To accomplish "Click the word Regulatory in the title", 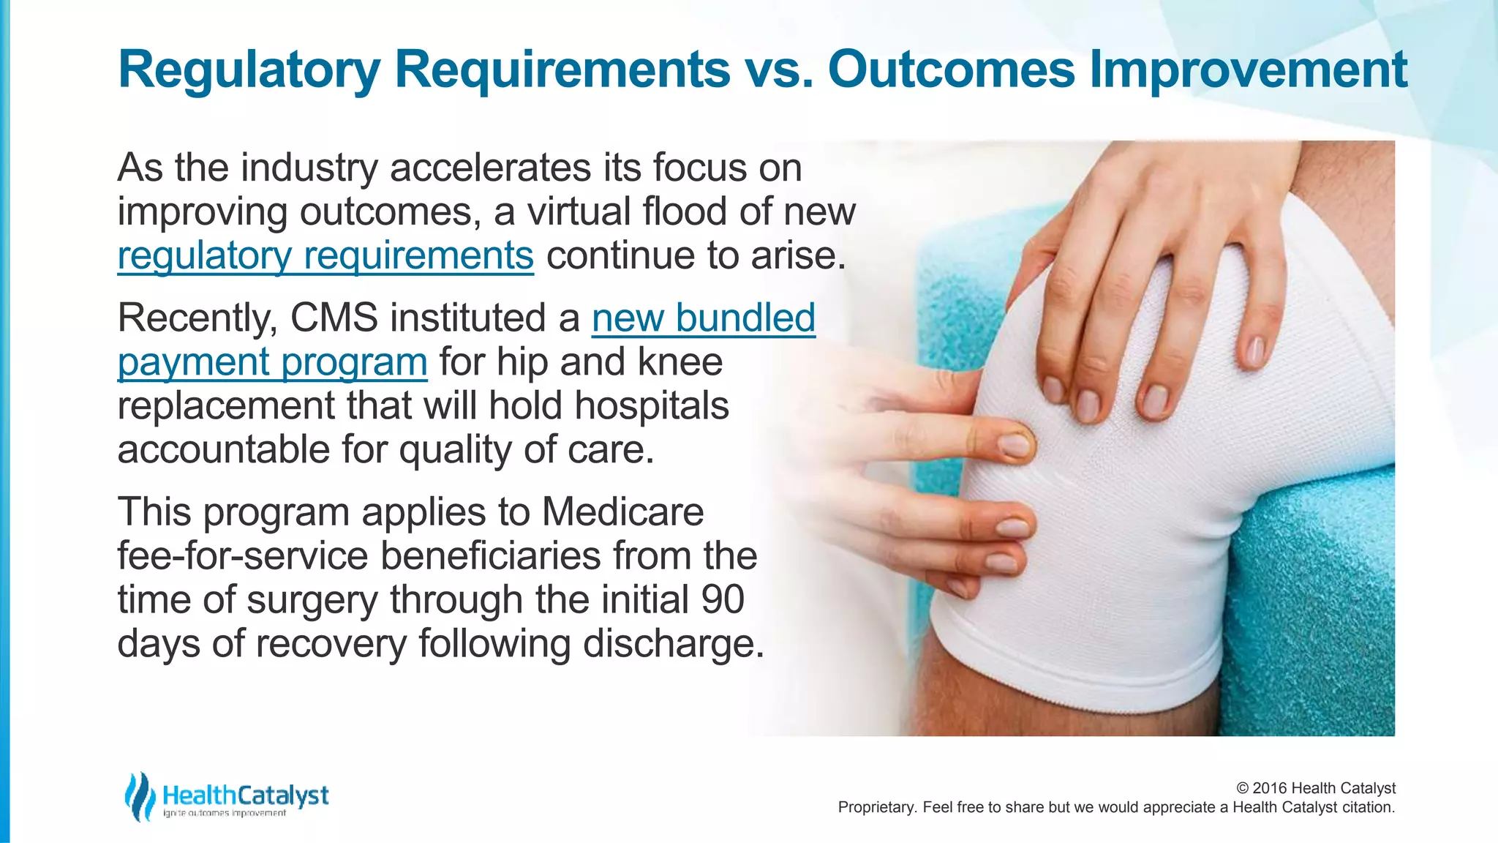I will click(249, 70).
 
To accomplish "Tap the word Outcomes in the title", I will click(951, 70).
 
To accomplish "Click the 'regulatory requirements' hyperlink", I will click(325, 256).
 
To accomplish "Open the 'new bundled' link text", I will click(703, 318).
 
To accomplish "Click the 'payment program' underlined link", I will click(272, 362).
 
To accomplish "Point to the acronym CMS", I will click(334, 318).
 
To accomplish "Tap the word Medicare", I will click(622, 512).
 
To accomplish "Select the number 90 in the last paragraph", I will click(722, 599).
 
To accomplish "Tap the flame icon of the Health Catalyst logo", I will click(139, 796).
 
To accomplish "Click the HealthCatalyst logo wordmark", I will click(245, 795).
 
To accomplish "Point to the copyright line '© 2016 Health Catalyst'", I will click(1315, 788).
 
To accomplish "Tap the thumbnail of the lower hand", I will click(1013, 444).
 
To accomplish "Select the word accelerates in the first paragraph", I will click(491, 168).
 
